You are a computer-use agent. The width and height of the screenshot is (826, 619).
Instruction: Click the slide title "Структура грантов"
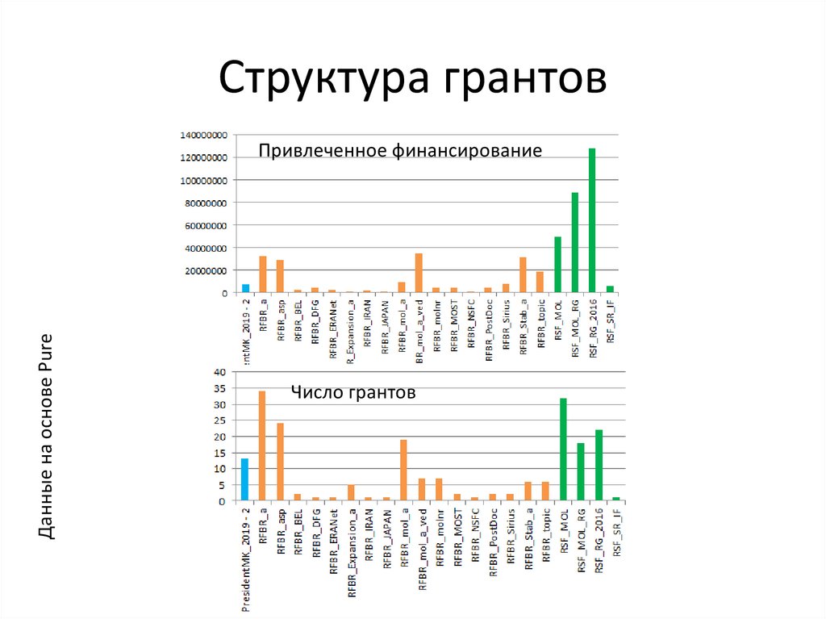tap(412, 79)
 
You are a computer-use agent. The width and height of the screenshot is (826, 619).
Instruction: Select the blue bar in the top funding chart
tap(245, 288)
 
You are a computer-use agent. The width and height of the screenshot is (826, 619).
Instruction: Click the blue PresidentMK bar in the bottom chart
tap(244, 479)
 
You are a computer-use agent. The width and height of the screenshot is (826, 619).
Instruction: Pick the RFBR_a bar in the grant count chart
tap(262, 445)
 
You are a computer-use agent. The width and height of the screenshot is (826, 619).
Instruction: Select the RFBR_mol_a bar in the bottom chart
tap(403, 470)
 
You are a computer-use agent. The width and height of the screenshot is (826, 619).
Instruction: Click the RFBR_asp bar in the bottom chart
tap(280, 462)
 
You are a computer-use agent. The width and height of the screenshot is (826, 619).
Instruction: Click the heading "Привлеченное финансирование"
tap(400, 150)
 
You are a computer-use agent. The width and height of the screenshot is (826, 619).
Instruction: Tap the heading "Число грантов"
tap(353, 393)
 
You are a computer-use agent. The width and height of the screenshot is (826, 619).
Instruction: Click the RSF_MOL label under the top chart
tap(557, 320)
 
